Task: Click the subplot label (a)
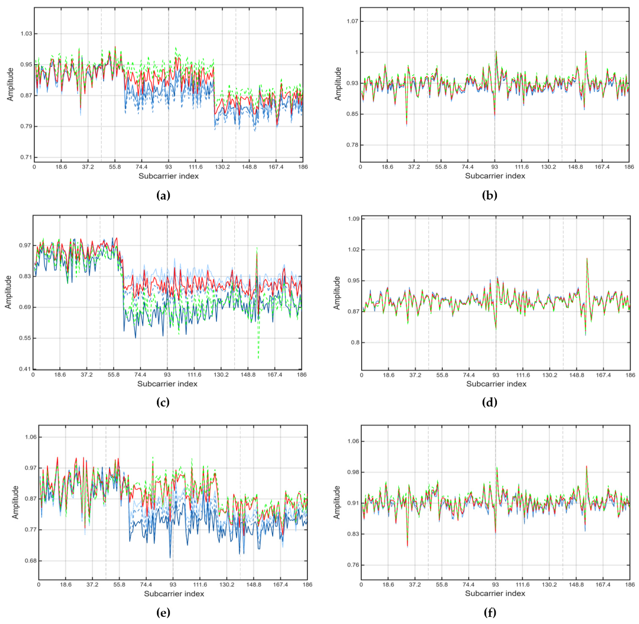click(163, 196)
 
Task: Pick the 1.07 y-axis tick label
click(352, 21)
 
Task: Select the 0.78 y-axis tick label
click(352, 145)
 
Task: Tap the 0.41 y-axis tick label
click(25, 369)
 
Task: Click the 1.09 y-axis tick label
click(354, 219)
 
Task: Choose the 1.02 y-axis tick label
click(354, 250)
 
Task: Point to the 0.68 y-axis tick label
click(31, 561)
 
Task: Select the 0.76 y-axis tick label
click(353, 565)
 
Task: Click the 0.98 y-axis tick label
click(353, 472)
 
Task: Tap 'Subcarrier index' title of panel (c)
click(167, 384)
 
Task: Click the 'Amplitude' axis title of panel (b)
click(338, 84)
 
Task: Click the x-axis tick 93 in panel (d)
click(496, 375)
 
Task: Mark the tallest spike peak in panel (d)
click(587, 258)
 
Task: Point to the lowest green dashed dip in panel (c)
click(258, 358)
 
